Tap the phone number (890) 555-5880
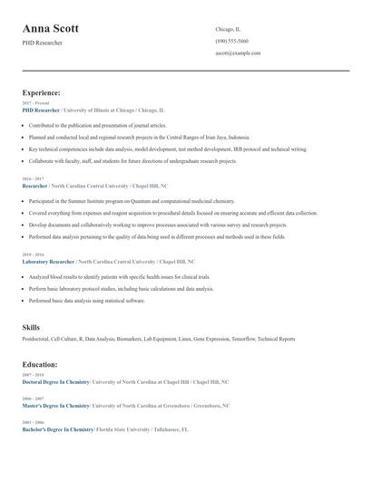233,42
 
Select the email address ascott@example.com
238,53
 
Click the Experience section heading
41,92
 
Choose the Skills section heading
31,326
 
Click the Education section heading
40,364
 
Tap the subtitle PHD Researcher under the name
43,43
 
